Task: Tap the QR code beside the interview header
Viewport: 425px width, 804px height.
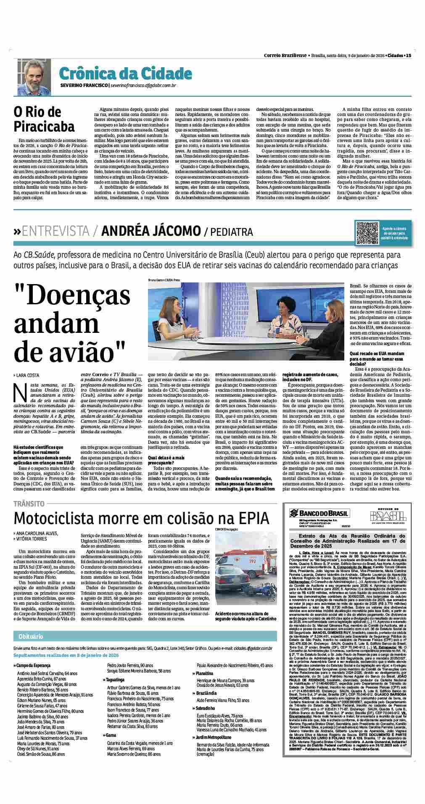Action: [x=368, y=233]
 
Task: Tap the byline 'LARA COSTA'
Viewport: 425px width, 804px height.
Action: [x=27, y=374]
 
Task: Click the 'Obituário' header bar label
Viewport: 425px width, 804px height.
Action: [x=28, y=636]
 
